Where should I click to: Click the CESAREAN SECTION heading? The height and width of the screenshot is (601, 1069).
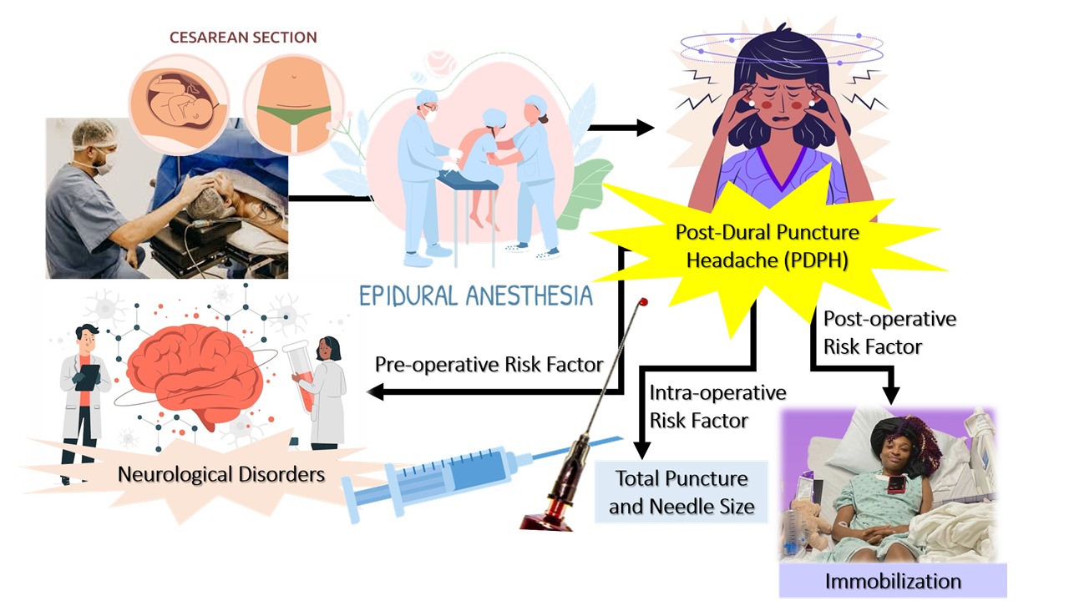[x=243, y=38]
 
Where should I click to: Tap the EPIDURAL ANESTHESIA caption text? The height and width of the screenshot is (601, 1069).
[x=475, y=295]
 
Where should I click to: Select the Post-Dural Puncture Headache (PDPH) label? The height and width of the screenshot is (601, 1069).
[x=767, y=245]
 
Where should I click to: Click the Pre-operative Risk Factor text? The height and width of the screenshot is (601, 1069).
[x=489, y=364]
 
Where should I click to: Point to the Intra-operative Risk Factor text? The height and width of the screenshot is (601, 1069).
[x=717, y=406]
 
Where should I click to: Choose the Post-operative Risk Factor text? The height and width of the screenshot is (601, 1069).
[x=889, y=332]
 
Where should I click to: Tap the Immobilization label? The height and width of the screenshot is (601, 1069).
[x=893, y=580]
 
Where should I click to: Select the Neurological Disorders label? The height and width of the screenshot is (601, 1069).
[x=220, y=474]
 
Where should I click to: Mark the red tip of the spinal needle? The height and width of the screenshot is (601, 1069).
[x=643, y=301]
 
